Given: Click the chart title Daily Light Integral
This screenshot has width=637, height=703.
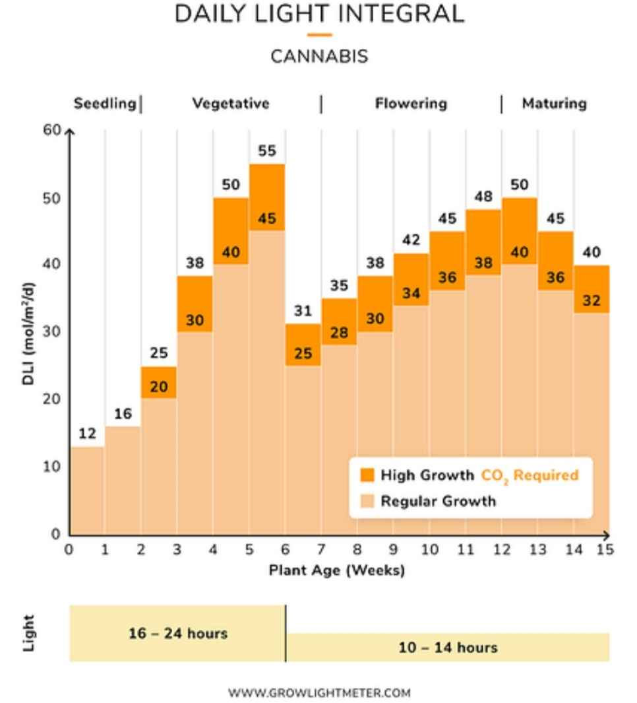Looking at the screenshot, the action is tap(319, 14).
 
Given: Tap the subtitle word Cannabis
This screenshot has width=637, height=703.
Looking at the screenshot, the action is tap(319, 57).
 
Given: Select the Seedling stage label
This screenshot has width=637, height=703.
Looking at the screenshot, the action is tap(105, 104).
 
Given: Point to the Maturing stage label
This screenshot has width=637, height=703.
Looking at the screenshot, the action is tap(554, 104).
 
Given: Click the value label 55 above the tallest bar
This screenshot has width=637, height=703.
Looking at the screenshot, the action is tap(267, 151).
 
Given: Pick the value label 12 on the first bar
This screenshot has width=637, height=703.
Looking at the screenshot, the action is tap(87, 434).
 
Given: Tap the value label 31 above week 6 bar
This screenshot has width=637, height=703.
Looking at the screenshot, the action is tap(303, 311).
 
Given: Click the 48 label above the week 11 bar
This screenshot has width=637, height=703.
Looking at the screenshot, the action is tap(483, 196).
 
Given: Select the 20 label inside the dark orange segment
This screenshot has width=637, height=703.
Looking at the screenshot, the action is tap(158, 386).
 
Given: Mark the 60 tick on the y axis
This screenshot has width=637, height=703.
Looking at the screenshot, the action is tap(52, 130).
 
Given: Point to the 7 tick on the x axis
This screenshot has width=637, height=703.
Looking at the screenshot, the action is tap(321, 549).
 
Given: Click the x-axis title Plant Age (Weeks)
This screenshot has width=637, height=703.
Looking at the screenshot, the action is tap(337, 570).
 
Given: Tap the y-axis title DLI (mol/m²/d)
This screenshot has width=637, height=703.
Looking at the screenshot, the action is tap(28, 333).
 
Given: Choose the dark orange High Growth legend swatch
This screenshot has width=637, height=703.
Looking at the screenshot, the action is tap(367, 475).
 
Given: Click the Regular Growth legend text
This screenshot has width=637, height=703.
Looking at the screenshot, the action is tap(438, 501).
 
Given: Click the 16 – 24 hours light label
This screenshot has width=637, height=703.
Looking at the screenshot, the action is tap(178, 633).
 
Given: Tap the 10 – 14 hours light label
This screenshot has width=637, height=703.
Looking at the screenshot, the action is tap(448, 648).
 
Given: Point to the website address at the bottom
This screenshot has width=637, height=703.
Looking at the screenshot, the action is tap(319, 692).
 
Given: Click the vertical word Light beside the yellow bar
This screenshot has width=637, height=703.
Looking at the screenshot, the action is tap(28, 633).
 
